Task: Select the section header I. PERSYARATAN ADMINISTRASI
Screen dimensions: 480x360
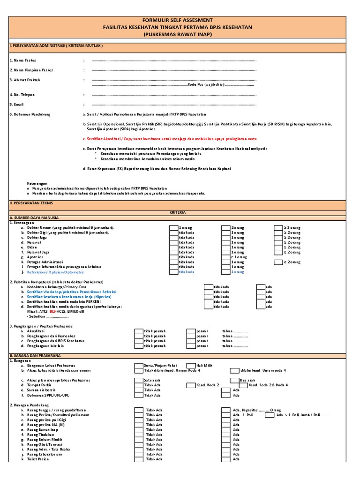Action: (56, 46)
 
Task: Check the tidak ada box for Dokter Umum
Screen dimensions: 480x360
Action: (173, 227)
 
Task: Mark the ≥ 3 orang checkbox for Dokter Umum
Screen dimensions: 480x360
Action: (278, 227)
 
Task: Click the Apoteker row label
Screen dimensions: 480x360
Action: (35, 257)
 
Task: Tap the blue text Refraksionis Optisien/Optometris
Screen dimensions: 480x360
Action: (56, 272)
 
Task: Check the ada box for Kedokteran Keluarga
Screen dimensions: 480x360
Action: (261, 286)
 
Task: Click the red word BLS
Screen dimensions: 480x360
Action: (54, 311)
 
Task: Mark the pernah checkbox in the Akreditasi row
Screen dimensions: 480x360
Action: (190, 331)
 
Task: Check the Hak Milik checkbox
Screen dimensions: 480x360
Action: (190, 365)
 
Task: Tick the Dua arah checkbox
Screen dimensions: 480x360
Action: (234, 380)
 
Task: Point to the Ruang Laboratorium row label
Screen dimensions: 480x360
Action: (45, 454)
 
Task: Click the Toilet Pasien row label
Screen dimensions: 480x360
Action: (38, 459)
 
